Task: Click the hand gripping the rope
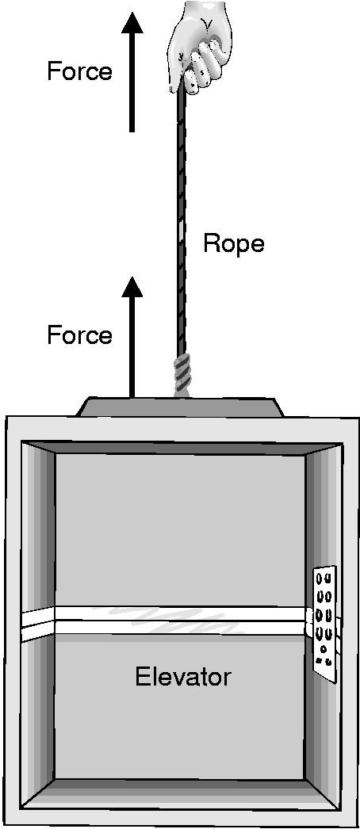(x=201, y=48)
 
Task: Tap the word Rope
(x=234, y=244)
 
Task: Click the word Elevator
(x=183, y=678)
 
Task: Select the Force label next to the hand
(x=79, y=71)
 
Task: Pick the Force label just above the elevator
(x=79, y=335)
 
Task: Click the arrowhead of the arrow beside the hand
(x=132, y=23)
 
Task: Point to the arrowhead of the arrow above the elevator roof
(x=132, y=287)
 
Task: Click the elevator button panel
(x=324, y=623)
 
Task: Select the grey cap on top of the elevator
(x=180, y=407)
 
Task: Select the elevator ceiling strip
(x=180, y=447)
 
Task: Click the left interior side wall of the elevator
(x=38, y=624)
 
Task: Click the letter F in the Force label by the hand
(x=53, y=71)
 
